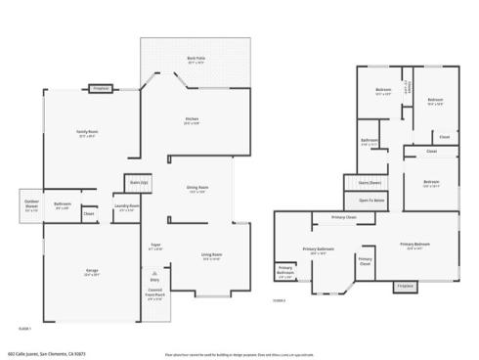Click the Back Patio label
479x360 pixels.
click(195, 59)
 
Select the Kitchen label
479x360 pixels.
click(193, 120)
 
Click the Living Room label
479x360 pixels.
click(211, 256)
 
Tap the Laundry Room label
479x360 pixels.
click(125, 206)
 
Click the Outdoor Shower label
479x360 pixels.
click(32, 206)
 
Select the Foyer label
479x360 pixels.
click(154, 247)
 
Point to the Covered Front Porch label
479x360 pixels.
click(155, 295)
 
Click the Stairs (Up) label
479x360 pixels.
click(138, 182)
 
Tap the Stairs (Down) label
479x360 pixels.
click(370, 182)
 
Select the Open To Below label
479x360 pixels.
click(370, 200)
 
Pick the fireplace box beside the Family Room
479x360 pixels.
click(101, 89)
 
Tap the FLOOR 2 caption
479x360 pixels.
click(279, 301)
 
